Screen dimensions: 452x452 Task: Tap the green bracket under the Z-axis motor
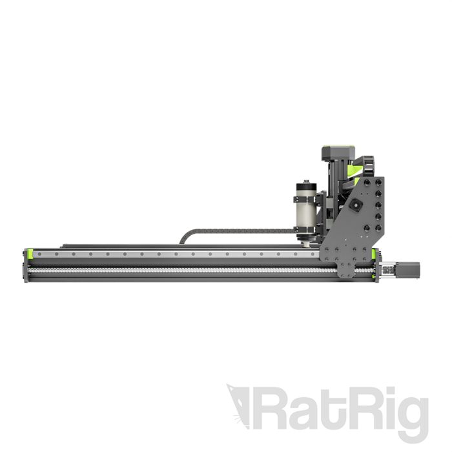(354, 169)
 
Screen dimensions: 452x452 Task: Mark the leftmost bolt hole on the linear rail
(39, 254)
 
